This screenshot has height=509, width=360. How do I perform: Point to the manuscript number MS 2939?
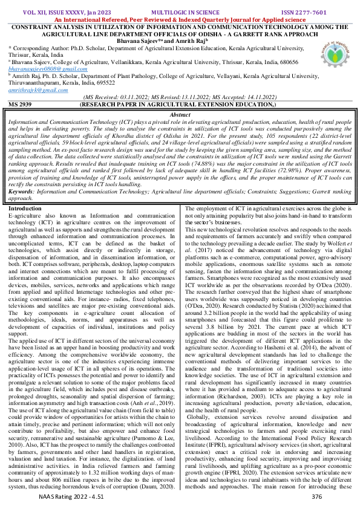click(21, 105)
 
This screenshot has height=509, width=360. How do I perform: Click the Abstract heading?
click(180, 114)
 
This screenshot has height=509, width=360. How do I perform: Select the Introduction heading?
click(27, 208)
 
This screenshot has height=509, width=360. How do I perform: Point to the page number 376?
click(316, 496)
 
